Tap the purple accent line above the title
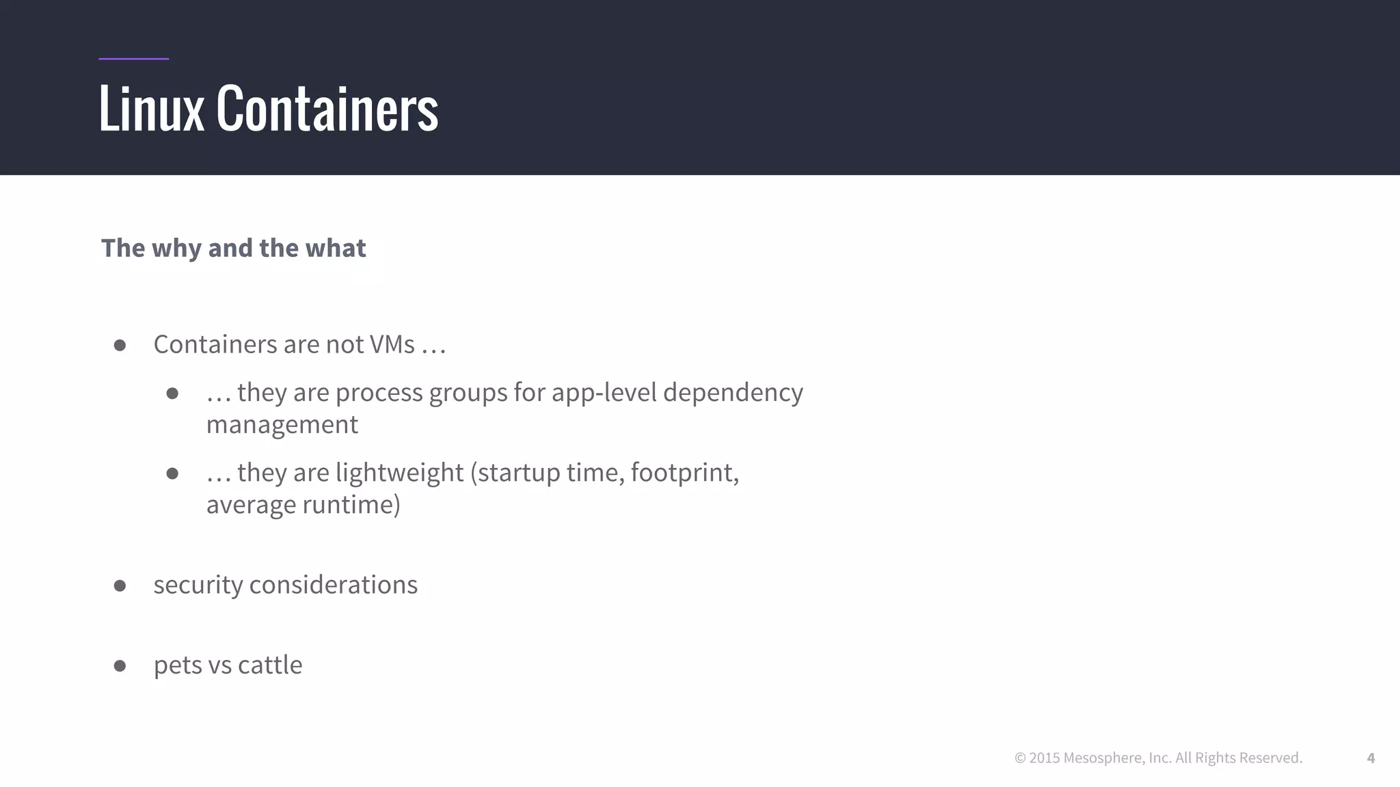click(x=133, y=59)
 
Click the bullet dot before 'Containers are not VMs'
click(x=120, y=346)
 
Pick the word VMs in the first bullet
click(x=392, y=344)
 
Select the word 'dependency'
click(x=733, y=393)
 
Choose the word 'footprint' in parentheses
click(x=682, y=473)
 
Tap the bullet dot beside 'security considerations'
click(x=120, y=585)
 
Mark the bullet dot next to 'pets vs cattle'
click(x=120, y=665)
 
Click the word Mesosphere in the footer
click(x=1103, y=758)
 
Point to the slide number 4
click(x=1371, y=758)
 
